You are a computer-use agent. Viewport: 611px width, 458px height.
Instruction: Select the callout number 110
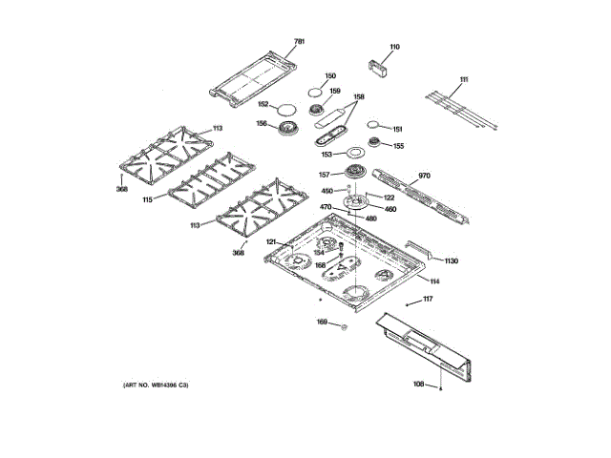click(394, 47)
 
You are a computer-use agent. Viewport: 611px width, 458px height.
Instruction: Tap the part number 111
click(464, 79)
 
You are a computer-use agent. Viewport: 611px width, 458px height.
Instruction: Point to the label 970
click(425, 177)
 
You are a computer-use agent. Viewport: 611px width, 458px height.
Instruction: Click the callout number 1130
click(451, 260)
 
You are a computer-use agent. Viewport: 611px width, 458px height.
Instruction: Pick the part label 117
click(428, 300)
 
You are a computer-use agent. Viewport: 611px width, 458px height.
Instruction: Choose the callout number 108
click(418, 385)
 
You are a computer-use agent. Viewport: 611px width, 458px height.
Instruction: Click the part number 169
click(322, 323)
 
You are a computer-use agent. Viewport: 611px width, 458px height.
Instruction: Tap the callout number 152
click(261, 105)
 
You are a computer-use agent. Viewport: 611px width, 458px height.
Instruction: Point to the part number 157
click(324, 175)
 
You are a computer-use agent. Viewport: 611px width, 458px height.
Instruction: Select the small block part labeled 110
click(382, 66)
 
